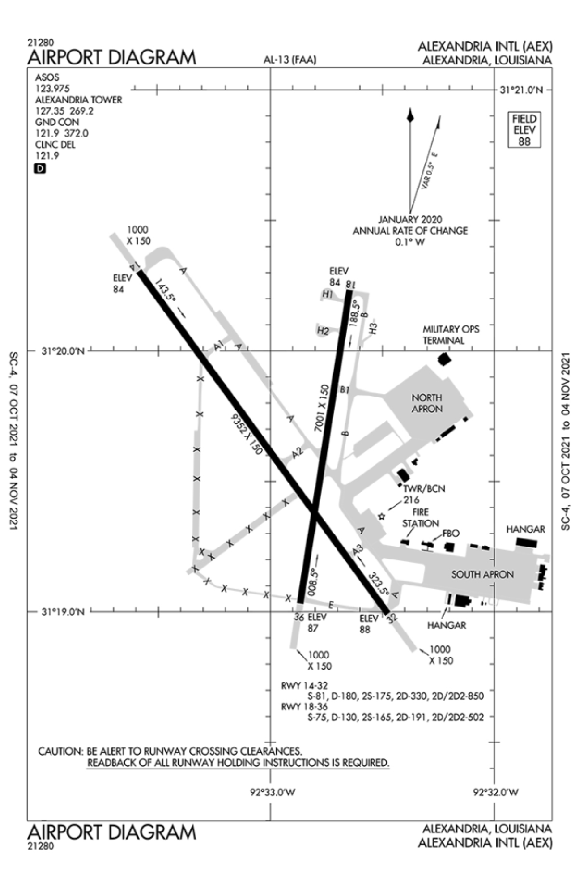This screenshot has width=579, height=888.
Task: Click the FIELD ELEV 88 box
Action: (524, 130)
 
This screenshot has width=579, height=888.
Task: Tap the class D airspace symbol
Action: (41, 168)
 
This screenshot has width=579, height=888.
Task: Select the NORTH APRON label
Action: (427, 403)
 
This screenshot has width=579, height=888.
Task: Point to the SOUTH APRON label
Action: (482, 574)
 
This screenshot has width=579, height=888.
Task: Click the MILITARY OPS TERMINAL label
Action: (451, 334)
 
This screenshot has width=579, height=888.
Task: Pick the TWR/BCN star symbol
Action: (382, 516)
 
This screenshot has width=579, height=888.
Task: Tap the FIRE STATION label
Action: (421, 518)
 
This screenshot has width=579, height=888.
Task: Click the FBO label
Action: (451, 534)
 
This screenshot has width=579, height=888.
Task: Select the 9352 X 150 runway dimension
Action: (246, 434)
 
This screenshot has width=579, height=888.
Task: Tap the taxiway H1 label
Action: (328, 294)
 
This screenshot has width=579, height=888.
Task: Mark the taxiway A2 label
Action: (298, 453)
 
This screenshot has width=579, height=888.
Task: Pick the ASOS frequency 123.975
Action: (53, 89)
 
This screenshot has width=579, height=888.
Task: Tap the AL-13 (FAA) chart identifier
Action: (289, 60)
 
